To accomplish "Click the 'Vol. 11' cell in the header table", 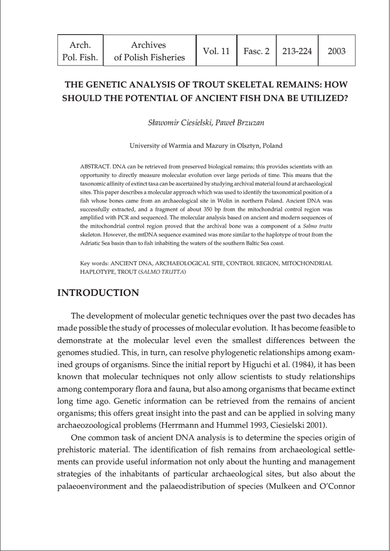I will point(216,51).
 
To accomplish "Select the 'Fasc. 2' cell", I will point(256,51).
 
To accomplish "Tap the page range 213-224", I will point(297,51).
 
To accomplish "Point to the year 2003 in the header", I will point(336,51).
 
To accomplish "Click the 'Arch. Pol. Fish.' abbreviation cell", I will point(80,51).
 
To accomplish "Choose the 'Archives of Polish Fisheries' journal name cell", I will point(149,51).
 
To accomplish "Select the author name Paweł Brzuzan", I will point(240,123).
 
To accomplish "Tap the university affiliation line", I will point(206,145).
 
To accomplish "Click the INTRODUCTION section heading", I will point(98,293).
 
